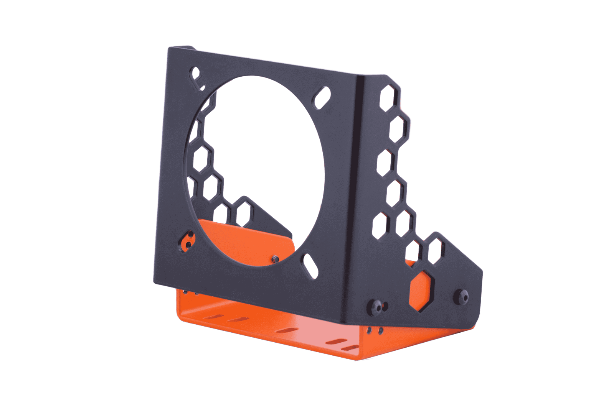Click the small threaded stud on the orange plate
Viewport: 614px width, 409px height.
click(275, 259)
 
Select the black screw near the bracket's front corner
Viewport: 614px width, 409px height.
click(376, 305)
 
